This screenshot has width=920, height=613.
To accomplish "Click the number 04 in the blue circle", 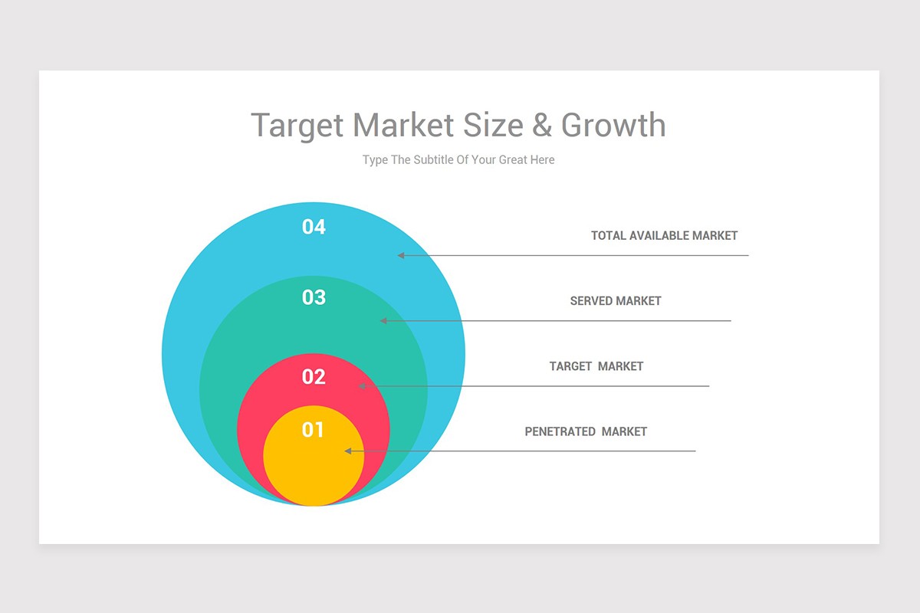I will click(314, 227).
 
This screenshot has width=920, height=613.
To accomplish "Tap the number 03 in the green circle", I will click(314, 297).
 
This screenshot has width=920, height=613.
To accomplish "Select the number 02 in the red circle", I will click(314, 377).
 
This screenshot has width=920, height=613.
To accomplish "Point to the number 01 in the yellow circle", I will click(313, 430).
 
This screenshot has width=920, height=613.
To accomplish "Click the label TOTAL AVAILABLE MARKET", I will click(664, 236).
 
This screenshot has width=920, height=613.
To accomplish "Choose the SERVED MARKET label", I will click(615, 301).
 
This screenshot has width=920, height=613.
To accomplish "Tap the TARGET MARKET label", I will click(596, 366).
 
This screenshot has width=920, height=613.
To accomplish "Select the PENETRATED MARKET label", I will click(586, 431).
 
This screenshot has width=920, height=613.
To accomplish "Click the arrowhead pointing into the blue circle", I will click(400, 255).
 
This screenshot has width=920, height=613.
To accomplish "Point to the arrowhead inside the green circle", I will click(383, 320).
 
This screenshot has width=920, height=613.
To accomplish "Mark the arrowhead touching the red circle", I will click(363, 386).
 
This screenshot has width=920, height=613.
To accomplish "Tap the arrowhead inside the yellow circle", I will click(348, 451).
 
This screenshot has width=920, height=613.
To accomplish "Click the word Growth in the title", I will click(613, 125).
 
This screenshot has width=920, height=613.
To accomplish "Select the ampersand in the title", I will click(542, 125).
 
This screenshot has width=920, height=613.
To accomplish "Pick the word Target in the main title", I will click(297, 125).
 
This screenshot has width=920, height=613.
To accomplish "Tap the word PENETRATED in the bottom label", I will click(560, 431).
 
